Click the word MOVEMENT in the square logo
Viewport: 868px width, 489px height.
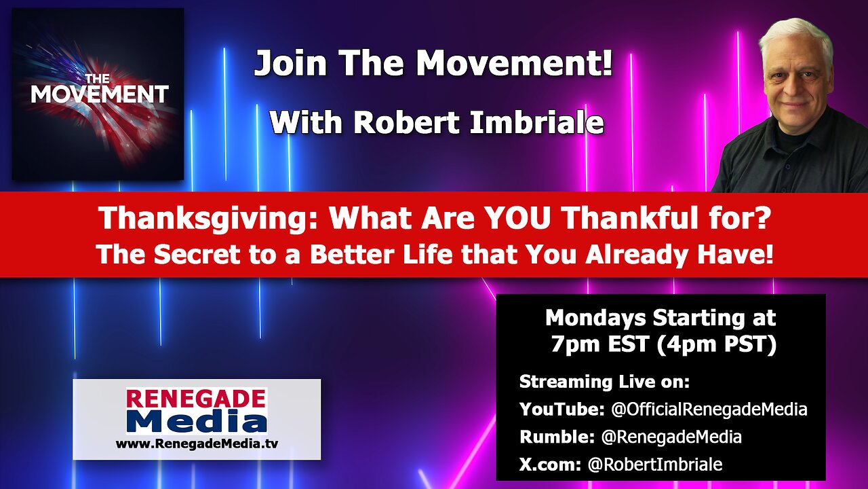(x=99, y=94)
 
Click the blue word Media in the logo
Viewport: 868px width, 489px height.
(x=197, y=422)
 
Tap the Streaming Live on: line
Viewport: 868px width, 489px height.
(x=604, y=382)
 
